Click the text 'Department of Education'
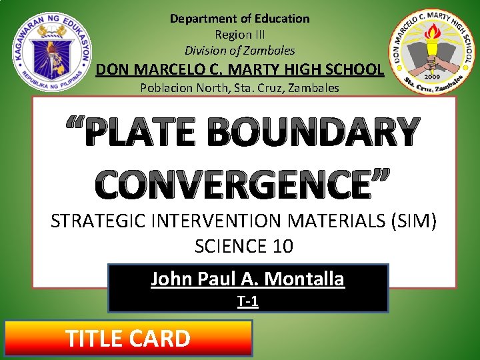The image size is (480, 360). click(239, 19)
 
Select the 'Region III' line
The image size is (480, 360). click(239, 34)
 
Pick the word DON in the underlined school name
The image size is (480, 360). click(113, 69)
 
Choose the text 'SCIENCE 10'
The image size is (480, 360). click(243, 246)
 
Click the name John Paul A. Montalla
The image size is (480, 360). click(247, 279)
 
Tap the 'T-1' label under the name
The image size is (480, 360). click(248, 302)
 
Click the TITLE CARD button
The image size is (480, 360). click(128, 338)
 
